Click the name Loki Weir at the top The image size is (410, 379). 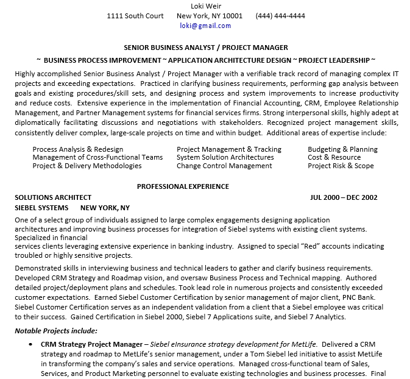point(205,6)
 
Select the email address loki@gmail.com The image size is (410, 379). point(205,26)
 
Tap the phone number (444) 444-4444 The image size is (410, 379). point(280,16)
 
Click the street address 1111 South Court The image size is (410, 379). point(135,16)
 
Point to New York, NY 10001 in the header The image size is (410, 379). point(209,16)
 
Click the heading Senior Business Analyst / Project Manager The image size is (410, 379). point(206,48)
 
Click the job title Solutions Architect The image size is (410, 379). point(53,197)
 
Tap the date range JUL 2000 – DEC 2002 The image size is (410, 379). point(344,197)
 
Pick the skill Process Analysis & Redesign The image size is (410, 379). point(78,149)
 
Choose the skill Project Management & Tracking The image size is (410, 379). point(229,149)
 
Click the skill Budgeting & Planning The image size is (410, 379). point(342,149)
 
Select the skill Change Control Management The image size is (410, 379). point(224,166)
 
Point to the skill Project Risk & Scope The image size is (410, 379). point(341,166)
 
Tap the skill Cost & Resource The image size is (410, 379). point(334,157)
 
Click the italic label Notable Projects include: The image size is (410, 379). point(55,331)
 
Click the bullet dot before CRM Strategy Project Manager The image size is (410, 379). point(30,344)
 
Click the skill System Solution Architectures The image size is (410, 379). point(225,157)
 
